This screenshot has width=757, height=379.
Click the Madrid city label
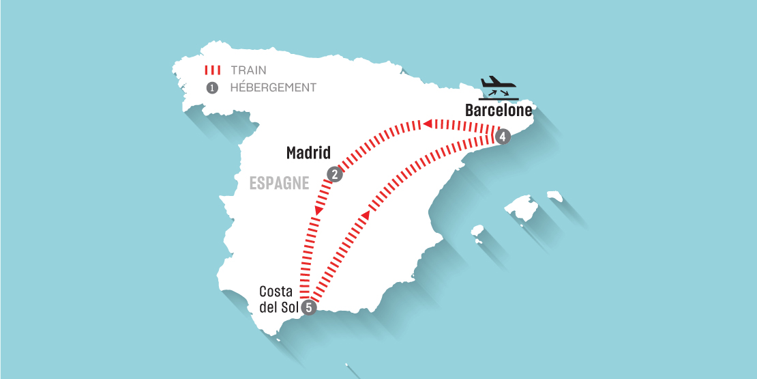point(308,153)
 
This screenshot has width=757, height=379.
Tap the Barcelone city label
point(499,111)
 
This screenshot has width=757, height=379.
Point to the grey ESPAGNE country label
point(279,184)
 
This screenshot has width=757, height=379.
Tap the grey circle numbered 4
point(503,137)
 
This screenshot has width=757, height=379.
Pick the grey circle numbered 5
point(309,307)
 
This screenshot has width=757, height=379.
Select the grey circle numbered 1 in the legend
point(212,88)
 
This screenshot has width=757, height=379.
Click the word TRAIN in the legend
point(249,70)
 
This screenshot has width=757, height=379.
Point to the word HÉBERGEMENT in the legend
point(273,87)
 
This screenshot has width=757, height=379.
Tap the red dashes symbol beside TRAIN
point(212,70)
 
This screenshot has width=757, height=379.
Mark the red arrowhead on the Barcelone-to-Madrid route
point(427,124)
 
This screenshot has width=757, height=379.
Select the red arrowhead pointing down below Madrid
point(318,211)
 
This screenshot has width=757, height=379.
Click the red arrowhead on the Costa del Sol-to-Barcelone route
point(365,215)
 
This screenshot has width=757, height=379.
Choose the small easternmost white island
point(555,196)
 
